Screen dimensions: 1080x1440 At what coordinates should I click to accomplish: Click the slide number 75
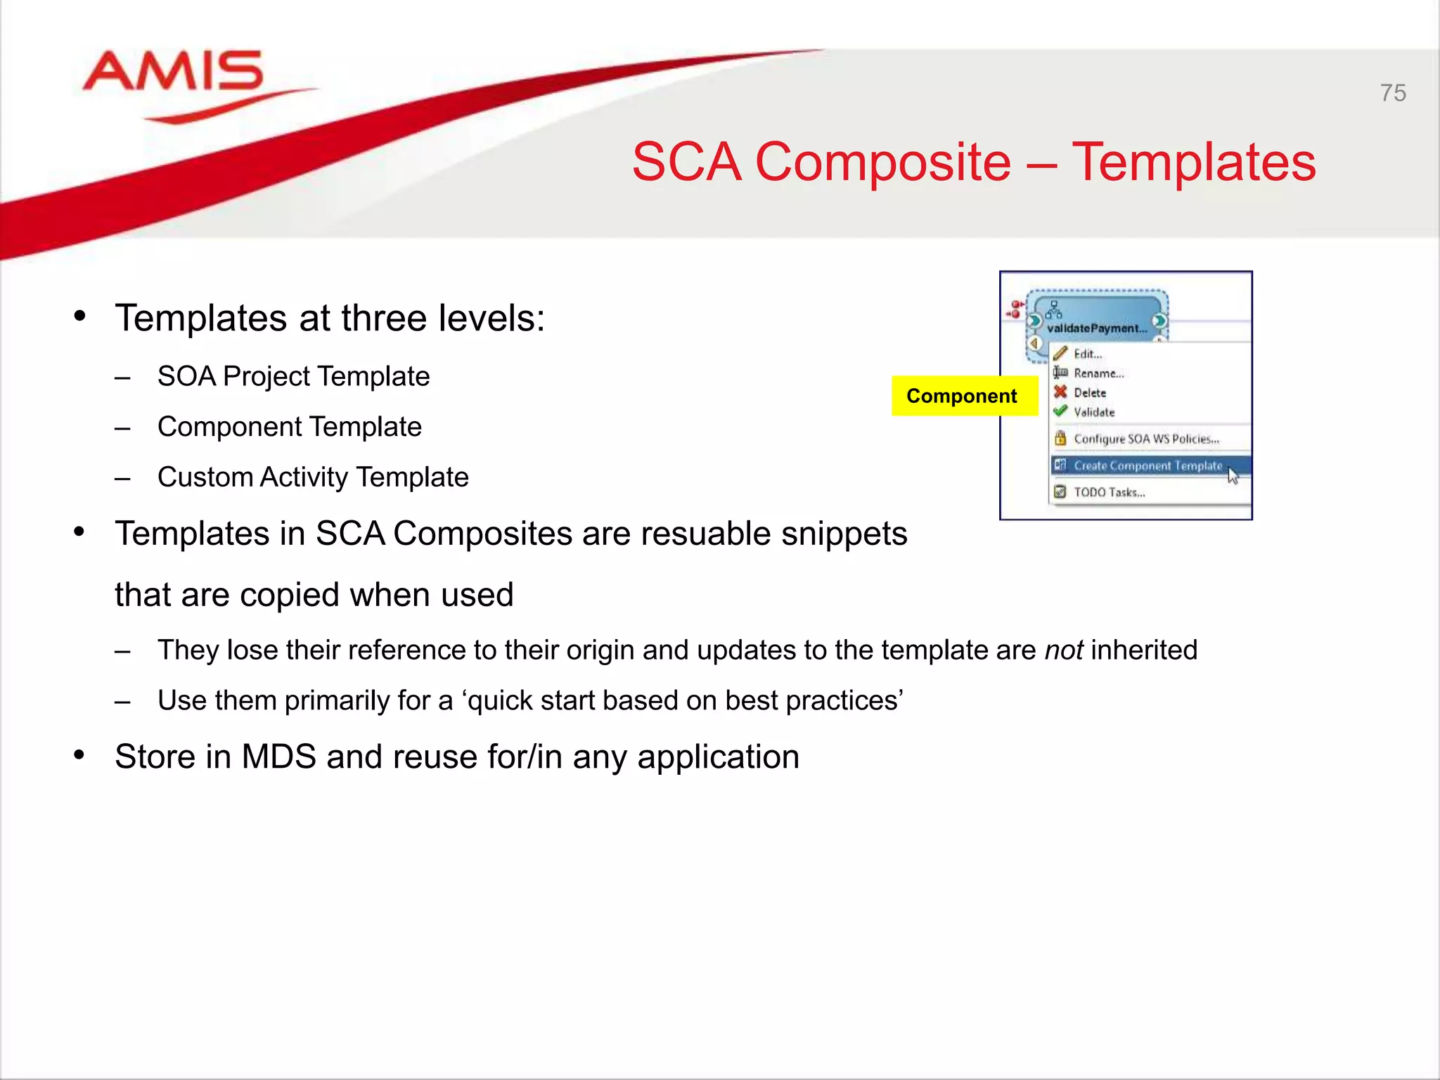pyautogui.click(x=1392, y=93)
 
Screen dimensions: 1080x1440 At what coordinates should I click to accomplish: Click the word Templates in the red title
pyautogui.click(x=1193, y=162)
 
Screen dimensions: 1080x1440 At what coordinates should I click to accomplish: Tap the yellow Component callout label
pyautogui.click(x=961, y=396)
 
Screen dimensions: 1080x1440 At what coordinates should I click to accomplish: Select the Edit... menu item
pyautogui.click(x=1087, y=354)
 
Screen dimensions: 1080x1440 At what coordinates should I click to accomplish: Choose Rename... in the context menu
pyautogui.click(x=1098, y=373)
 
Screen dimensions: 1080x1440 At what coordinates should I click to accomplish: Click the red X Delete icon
pyautogui.click(x=1060, y=392)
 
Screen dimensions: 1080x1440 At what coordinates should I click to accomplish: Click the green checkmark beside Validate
pyautogui.click(x=1060, y=411)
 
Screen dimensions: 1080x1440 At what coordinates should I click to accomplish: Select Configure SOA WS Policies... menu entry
pyautogui.click(x=1146, y=439)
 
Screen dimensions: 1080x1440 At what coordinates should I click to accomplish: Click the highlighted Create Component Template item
pyautogui.click(x=1147, y=465)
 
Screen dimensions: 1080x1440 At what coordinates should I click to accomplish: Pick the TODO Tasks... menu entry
pyautogui.click(x=1109, y=492)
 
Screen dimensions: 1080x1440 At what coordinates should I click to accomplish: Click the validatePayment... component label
pyautogui.click(x=1096, y=328)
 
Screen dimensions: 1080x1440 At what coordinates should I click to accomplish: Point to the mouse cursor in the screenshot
pyautogui.click(x=1233, y=475)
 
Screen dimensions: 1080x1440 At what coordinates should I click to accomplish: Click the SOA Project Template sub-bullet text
pyautogui.click(x=293, y=376)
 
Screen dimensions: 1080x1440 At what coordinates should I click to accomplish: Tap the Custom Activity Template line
pyautogui.click(x=313, y=477)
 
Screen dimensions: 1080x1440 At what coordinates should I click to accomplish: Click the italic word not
pyautogui.click(x=1063, y=650)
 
